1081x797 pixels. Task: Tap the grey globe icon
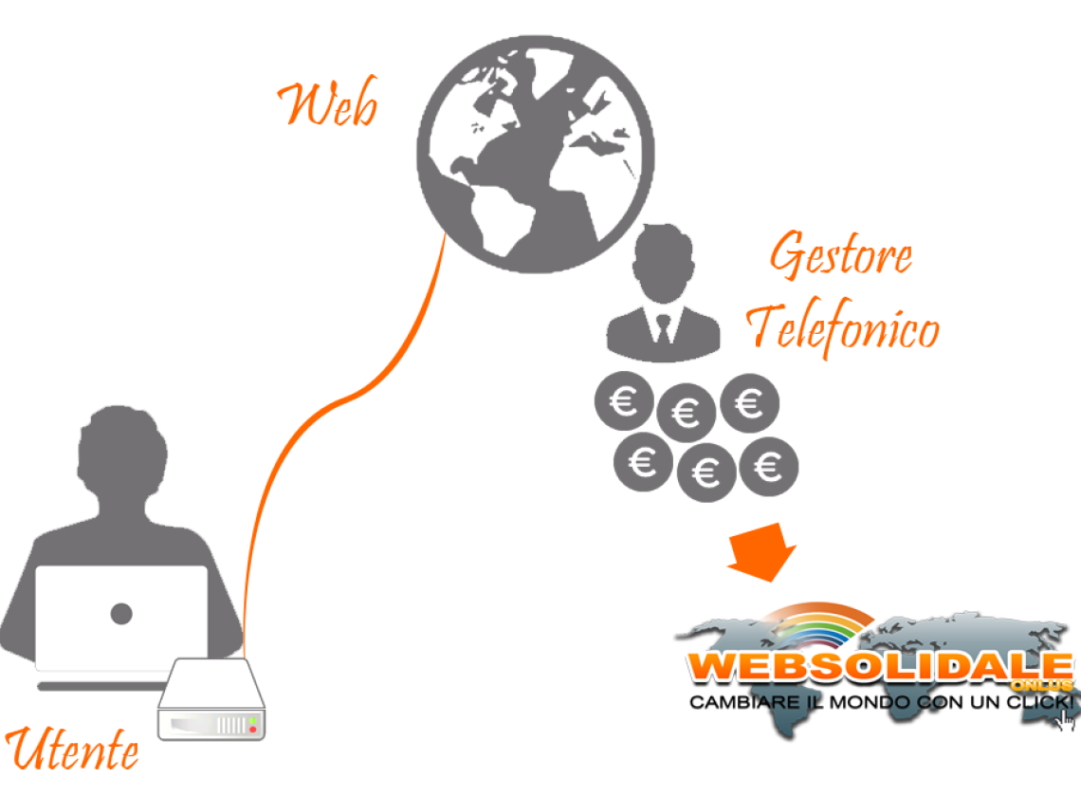click(535, 154)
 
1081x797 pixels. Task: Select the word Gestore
click(840, 256)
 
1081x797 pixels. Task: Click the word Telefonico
click(843, 328)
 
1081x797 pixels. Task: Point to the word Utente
click(73, 750)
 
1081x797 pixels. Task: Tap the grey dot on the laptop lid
click(121, 613)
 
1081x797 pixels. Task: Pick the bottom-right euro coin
click(768, 466)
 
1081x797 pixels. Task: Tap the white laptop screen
click(121, 617)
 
